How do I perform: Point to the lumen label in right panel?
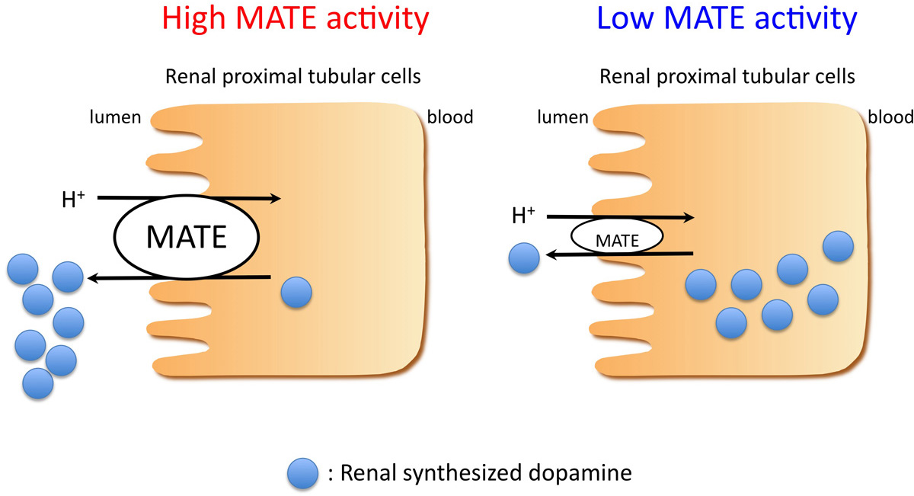(x=563, y=117)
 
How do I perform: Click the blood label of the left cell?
(x=450, y=117)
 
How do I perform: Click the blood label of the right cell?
(x=890, y=117)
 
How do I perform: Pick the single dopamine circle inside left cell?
(x=296, y=292)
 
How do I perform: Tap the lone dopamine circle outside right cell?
(x=524, y=259)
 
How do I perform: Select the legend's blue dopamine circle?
(x=304, y=474)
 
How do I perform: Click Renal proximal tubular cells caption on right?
(x=727, y=77)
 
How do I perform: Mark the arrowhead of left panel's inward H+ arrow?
(x=276, y=199)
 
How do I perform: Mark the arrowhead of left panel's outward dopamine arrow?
(x=93, y=279)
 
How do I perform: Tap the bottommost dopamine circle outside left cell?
(x=38, y=382)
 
